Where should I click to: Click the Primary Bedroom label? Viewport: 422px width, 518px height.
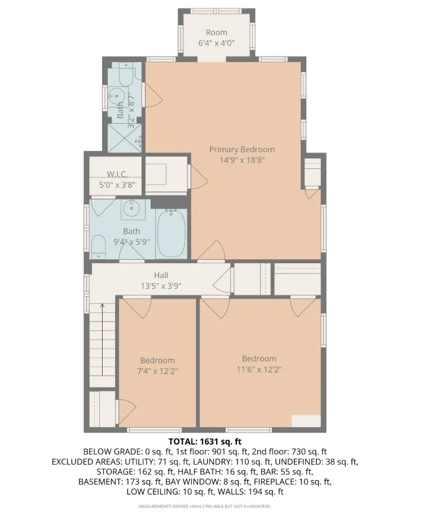pyautogui.click(x=241, y=149)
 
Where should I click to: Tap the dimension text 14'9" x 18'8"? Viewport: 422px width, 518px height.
pyautogui.click(x=241, y=160)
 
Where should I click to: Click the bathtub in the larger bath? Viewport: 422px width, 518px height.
pyautogui.click(x=171, y=233)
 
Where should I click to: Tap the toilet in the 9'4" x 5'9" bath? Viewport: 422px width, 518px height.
pyautogui.click(x=99, y=245)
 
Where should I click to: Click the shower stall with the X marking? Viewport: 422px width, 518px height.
pyautogui.click(x=126, y=137)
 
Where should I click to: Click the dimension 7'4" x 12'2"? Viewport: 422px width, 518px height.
pyautogui.click(x=157, y=371)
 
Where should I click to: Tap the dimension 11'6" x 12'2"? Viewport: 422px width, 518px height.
pyautogui.click(x=259, y=369)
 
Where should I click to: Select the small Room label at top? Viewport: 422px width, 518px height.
pyautogui.click(x=216, y=32)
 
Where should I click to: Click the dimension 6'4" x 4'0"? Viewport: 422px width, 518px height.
pyautogui.click(x=216, y=43)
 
